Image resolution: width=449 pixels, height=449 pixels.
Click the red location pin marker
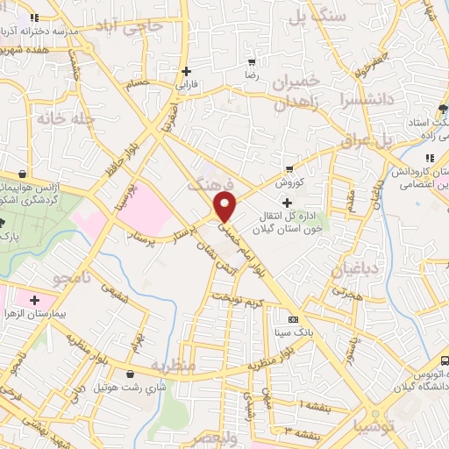tap(225, 207)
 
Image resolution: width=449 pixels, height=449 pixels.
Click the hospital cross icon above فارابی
tap(185, 71)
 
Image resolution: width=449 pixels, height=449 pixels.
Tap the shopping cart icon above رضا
tap(252, 62)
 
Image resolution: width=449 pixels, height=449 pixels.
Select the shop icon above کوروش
tap(289, 169)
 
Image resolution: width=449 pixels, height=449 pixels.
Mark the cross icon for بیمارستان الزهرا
tap(33, 300)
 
